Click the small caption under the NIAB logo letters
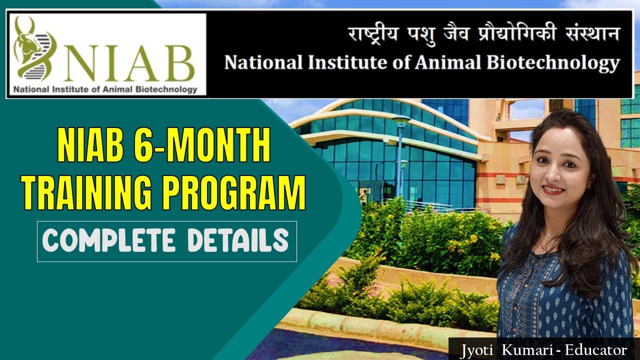click(x=105, y=90)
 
